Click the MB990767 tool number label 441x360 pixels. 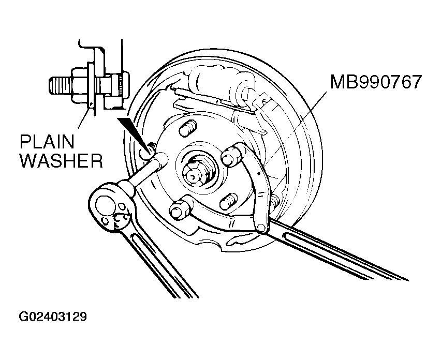pyautogui.click(x=376, y=82)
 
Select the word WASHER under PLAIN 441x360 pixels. pyautogui.click(x=61, y=160)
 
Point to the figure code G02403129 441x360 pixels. pyautogui.click(x=53, y=317)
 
